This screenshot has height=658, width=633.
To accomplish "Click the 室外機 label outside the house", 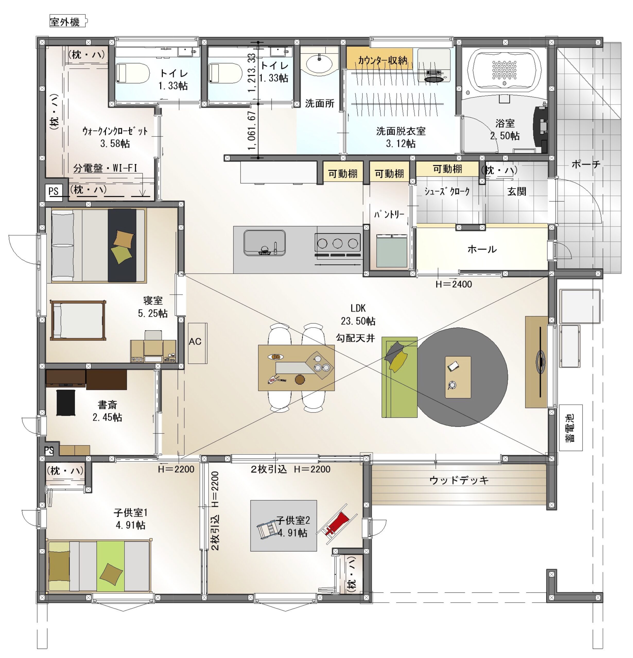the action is [x=65, y=22].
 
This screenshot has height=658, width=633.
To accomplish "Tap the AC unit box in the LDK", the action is [x=197, y=343].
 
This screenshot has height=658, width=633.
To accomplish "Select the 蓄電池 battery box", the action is [x=570, y=428].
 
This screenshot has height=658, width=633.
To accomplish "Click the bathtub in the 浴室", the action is [x=504, y=70].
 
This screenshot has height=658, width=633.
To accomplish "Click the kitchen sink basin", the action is [x=265, y=242].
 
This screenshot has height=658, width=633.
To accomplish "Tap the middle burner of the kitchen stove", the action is [x=337, y=243].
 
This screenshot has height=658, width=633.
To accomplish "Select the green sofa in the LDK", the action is [x=399, y=377].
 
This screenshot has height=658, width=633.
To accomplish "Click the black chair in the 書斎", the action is [x=66, y=403].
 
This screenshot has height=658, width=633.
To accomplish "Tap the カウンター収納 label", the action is [x=383, y=60].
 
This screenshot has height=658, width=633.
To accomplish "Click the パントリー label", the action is [x=389, y=214].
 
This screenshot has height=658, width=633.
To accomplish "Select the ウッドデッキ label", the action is [x=459, y=480].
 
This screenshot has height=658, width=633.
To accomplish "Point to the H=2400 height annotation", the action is [x=454, y=284].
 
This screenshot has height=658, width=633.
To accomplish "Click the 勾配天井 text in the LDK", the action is [x=355, y=338].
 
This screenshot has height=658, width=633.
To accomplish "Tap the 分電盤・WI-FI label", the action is [x=105, y=168].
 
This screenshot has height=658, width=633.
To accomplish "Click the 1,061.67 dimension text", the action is [x=252, y=131].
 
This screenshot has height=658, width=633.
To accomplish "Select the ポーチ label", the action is [x=586, y=164].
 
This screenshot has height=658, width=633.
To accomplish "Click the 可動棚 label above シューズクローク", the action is [x=447, y=169].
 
